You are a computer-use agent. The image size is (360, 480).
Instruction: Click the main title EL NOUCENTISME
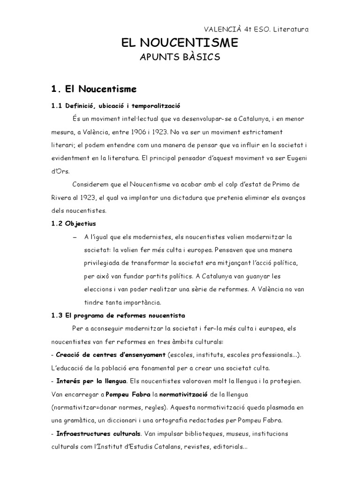[x=180, y=44]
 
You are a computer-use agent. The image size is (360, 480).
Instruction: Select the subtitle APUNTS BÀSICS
[x=180, y=58]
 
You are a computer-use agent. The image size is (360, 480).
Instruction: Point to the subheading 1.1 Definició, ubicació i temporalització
[x=116, y=106]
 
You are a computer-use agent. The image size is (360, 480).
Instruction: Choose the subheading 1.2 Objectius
[x=74, y=224]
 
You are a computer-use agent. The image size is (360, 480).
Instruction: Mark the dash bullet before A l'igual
[x=75, y=237]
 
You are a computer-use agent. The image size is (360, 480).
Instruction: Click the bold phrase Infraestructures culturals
[x=96, y=433]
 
